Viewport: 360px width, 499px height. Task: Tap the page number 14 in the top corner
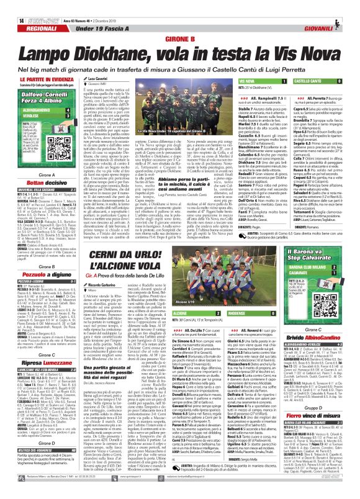5,4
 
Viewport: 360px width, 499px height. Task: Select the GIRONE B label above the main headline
180,37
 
